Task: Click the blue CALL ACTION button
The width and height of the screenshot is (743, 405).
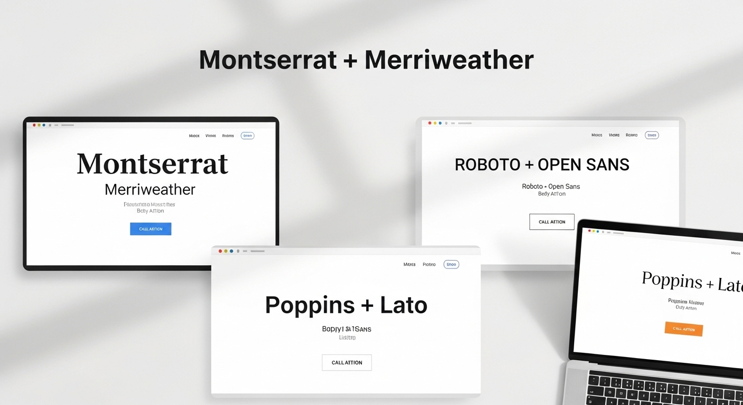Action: point(150,229)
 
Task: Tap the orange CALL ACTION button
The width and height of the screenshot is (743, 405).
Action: point(683,329)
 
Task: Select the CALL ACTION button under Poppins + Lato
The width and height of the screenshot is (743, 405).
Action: point(347,362)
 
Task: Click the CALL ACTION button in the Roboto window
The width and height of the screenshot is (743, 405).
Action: point(551,221)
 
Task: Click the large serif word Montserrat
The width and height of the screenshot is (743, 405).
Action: point(153,164)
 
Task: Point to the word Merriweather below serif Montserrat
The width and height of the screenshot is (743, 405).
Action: point(150,189)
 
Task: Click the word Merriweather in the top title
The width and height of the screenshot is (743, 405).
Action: point(449,60)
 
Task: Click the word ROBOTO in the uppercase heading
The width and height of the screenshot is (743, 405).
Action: point(487,165)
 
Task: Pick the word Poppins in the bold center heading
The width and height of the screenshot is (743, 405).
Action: point(310,306)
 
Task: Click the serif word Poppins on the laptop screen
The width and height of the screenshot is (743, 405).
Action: point(672,280)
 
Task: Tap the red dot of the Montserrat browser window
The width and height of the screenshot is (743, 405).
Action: point(34,125)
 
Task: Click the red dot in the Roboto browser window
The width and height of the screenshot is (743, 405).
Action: point(430,123)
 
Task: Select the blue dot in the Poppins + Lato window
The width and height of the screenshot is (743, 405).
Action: point(231,251)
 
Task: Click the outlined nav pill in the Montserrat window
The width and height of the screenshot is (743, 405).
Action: point(247,136)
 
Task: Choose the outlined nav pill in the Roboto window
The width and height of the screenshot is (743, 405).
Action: point(652,135)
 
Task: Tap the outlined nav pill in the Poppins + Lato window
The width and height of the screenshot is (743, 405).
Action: point(451,264)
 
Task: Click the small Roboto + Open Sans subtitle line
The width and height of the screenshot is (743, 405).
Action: point(551,186)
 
